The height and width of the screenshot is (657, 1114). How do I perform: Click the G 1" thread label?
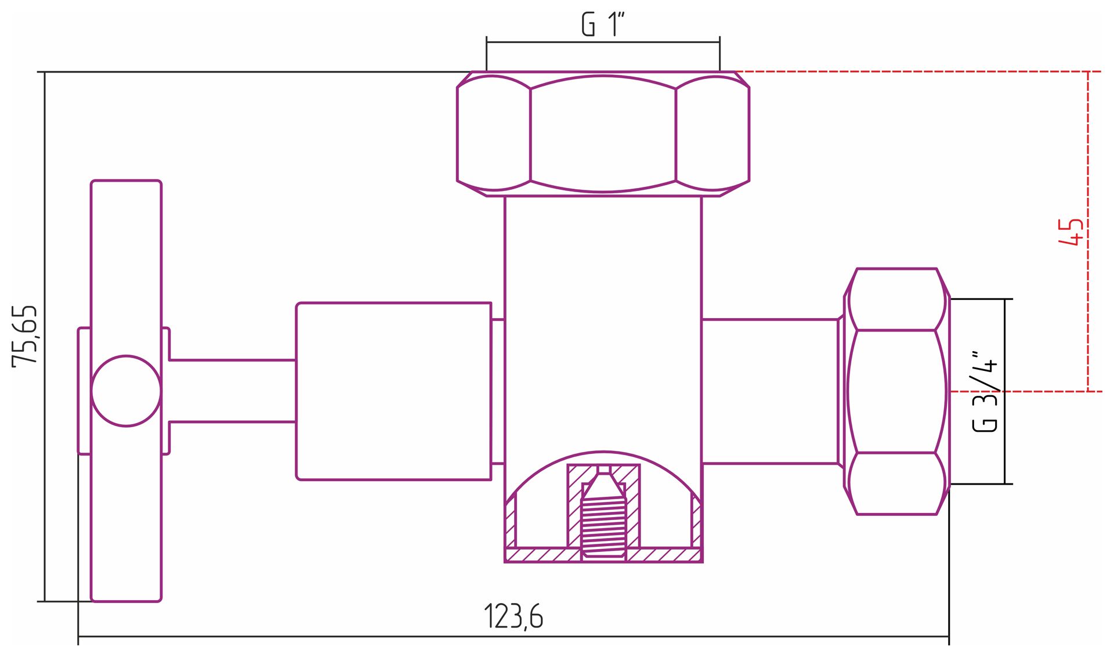tap(603, 24)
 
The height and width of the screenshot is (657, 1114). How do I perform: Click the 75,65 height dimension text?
tap(26, 335)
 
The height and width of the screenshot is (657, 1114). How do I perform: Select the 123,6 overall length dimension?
tap(513, 616)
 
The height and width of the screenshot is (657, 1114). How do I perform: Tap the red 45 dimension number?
tap(1070, 232)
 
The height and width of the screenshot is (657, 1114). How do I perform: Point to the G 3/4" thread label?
tap(985, 391)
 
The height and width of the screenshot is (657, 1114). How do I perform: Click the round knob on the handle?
tap(126, 391)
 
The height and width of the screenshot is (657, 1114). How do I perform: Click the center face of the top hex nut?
tap(603, 133)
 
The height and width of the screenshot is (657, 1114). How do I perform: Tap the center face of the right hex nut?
tap(896, 391)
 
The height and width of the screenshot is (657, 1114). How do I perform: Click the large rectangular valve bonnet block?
tap(393, 391)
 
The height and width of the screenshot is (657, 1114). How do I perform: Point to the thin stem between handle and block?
tap(232, 391)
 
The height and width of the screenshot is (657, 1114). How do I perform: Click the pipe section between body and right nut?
tap(769, 391)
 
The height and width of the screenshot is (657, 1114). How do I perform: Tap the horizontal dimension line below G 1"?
tap(603, 42)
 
